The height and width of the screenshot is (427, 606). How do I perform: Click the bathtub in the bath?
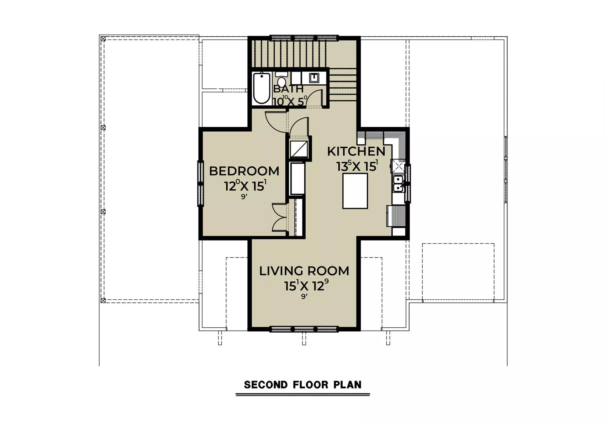(x=262, y=88)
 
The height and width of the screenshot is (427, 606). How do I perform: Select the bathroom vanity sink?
(x=314, y=78)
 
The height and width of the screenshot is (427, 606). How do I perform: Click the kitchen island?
(x=355, y=191)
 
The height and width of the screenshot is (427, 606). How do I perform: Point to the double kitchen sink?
(x=398, y=184)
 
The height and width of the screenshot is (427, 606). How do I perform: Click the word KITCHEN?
(x=356, y=152)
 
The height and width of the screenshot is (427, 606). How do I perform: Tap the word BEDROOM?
(x=244, y=171)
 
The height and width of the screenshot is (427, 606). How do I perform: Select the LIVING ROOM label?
(x=304, y=271)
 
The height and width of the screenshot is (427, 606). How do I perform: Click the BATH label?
(x=288, y=89)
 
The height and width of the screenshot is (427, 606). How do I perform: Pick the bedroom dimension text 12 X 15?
(x=245, y=186)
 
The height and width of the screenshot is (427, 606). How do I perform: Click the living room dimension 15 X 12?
(x=306, y=285)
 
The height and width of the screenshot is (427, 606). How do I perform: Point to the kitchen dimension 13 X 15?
(x=357, y=166)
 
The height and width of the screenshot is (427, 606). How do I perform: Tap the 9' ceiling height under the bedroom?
(x=244, y=197)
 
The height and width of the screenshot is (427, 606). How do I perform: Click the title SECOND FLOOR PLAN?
(x=302, y=385)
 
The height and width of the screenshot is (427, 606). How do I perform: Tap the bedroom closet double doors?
(x=280, y=217)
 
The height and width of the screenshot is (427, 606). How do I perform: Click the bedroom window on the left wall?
(x=200, y=184)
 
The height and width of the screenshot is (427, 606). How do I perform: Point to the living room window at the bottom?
(x=304, y=329)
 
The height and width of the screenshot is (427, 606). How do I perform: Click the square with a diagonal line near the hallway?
(x=299, y=148)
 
